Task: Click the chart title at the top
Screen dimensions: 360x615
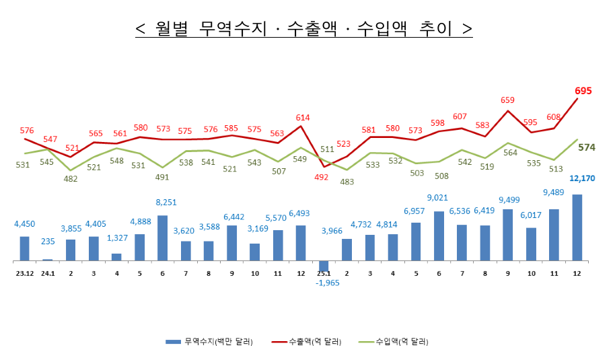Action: [x=303, y=29]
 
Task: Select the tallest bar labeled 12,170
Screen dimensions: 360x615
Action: [x=577, y=227]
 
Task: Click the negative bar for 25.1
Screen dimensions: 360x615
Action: [x=324, y=265]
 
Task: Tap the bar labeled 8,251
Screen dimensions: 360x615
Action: [x=163, y=238]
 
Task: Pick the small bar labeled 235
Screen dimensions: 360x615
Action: [x=47, y=259]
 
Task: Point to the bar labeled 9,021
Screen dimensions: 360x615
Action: [x=439, y=236]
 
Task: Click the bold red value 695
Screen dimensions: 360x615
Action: [x=583, y=90]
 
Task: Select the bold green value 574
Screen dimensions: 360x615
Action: [x=587, y=147]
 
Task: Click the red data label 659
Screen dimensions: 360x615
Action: [x=507, y=100]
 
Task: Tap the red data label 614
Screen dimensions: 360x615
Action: [x=303, y=118]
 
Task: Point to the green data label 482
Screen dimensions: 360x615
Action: [x=71, y=179]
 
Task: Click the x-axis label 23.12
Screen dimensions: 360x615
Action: [x=25, y=273]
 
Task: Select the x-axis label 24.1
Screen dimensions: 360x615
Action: [x=48, y=273]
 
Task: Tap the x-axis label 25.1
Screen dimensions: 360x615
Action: [x=324, y=273]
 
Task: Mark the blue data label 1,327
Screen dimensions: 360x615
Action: [x=117, y=238]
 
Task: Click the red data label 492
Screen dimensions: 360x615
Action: [x=321, y=178]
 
